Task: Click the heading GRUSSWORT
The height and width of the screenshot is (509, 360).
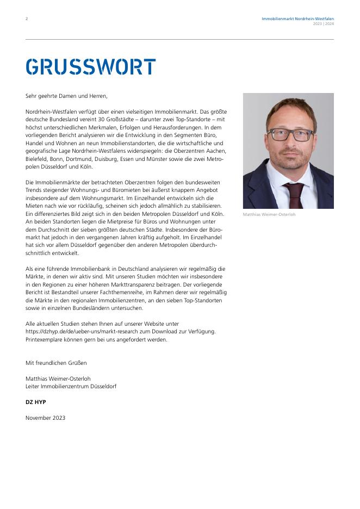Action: (x=90, y=67)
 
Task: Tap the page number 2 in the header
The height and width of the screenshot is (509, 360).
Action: (x=27, y=19)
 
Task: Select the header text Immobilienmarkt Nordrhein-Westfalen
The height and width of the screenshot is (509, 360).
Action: (x=297, y=18)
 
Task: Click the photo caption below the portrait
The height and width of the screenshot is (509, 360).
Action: (x=269, y=215)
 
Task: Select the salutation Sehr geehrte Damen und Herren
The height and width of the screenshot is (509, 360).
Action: (x=66, y=96)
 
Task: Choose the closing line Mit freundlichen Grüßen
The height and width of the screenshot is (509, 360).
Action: (x=56, y=363)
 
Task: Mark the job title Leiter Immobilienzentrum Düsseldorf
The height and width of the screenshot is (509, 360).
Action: (x=71, y=386)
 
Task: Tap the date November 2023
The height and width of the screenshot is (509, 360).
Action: (x=45, y=418)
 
